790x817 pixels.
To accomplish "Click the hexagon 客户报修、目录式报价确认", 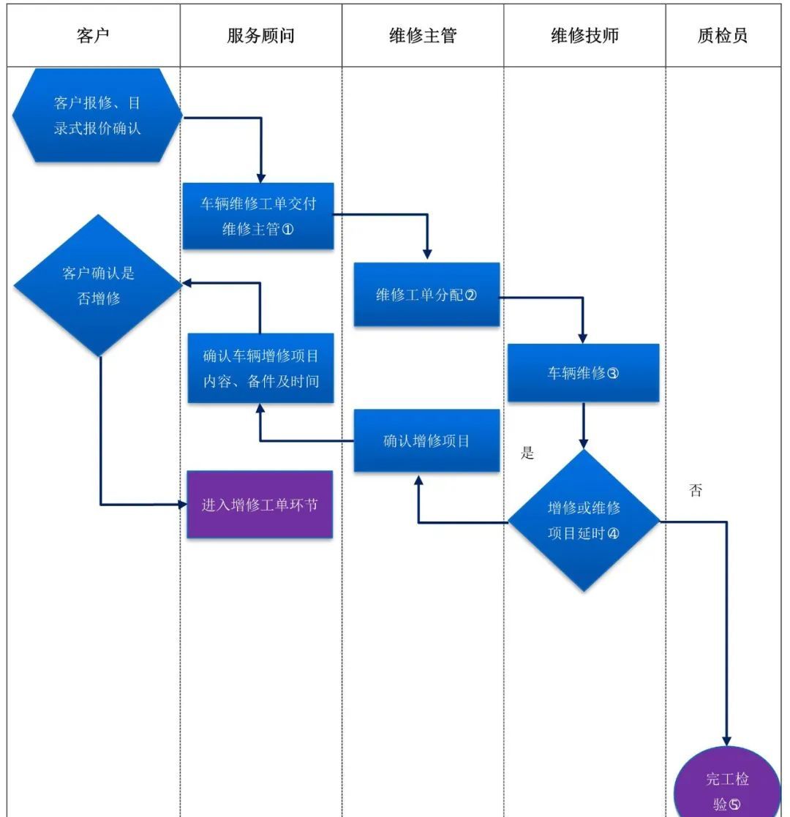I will coord(97,116).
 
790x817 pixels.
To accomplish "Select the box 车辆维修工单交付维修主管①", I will coord(258,216).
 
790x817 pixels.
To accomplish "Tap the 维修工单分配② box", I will coord(426,295).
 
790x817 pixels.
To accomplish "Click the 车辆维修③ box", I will coord(583,373).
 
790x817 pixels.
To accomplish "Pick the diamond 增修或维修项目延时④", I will coord(584,520).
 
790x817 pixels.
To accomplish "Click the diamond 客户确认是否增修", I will coord(98,285).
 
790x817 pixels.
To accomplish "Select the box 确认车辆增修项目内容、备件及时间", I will coord(260,369).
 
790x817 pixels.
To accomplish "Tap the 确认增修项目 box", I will coord(426,440).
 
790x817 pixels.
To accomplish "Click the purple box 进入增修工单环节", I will coord(260,505).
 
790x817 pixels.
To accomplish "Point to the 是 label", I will coord(527,453).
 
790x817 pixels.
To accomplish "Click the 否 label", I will coord(696,491).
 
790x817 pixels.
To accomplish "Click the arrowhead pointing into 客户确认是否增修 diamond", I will coord(187,284).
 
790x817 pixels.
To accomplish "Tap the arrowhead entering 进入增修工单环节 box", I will coord(182,504).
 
